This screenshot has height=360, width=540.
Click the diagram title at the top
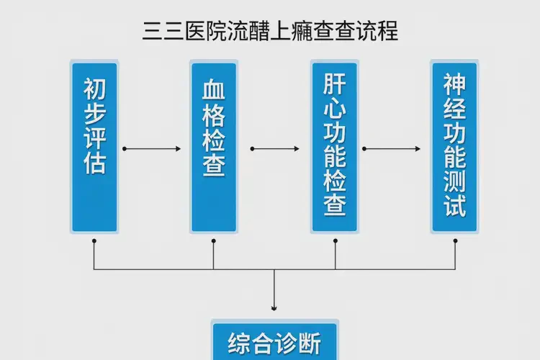click(x=270, y=32)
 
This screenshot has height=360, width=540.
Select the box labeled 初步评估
click(x=94, y=147)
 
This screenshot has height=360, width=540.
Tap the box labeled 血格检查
click(x=214, y=147)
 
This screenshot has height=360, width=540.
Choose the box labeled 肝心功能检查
click(x=334, y=147)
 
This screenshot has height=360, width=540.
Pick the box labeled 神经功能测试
click(x=454, y=147)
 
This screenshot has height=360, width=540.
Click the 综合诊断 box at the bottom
click(x=274, y=343)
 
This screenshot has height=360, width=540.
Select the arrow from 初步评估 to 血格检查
click(x=153, y=149)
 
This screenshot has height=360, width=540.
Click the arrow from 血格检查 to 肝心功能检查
click(x=274, y=149)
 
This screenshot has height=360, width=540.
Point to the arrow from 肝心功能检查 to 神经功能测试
click(x=392, y=149)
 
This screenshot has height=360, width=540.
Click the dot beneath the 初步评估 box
click(x=94, y=240)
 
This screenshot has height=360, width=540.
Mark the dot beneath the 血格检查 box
click(x=214, y=240)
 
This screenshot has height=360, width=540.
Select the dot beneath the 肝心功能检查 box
click(x=335, y=240)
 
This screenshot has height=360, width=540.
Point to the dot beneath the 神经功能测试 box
click(x=455, y=240)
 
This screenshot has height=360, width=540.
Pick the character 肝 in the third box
click(x=335, y=84)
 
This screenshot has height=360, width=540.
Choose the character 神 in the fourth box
click(x=455, y=85)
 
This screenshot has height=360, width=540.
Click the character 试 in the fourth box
click(x=455, y=205)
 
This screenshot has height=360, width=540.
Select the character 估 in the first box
click(x=94, y=163)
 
